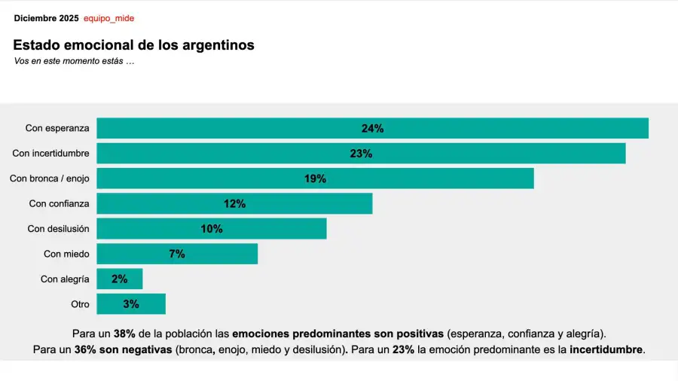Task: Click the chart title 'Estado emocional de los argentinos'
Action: point(133,45)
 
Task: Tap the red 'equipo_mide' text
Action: point(108,18)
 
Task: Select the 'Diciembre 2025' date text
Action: point(46,18)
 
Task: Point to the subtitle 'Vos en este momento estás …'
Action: point(74,61)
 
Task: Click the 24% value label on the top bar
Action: point(372,129)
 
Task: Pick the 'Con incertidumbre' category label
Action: point(50,154)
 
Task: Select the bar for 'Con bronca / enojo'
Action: point(315,178)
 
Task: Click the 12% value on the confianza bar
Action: point(234,203)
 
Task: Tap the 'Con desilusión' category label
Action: point(58,229)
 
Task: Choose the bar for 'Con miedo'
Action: point(177,254)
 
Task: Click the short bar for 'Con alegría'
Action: point(119,279)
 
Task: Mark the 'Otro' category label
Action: point(80,304)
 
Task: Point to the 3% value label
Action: point(130,304)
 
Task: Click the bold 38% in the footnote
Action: point(124,333)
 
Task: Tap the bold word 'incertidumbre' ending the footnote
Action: point(606,349)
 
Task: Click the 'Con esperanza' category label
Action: point(57,129)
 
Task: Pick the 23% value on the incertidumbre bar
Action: point(361,154)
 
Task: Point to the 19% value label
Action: point(315,178)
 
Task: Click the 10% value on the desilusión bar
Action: point(212,229)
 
